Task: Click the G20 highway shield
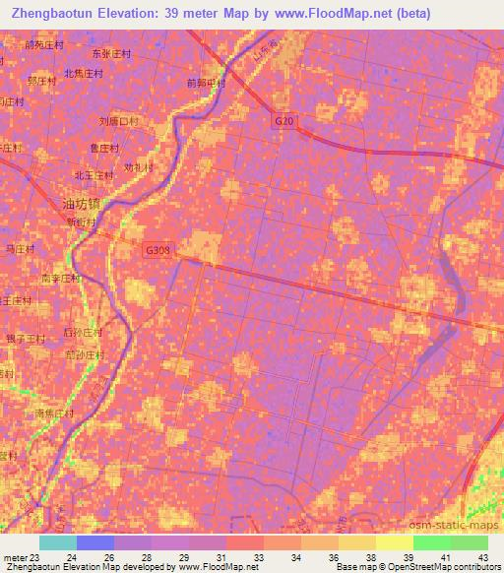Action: coord(284,120)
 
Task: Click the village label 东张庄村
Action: coord(110,53)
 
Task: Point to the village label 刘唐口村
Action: coord(119,122)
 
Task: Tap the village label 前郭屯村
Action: coord(206,84)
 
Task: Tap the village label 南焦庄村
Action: coord(55,414)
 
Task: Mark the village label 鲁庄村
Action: coord(104,149)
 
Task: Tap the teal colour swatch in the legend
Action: coord(58,542)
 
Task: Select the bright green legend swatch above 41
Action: coord(431,542)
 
